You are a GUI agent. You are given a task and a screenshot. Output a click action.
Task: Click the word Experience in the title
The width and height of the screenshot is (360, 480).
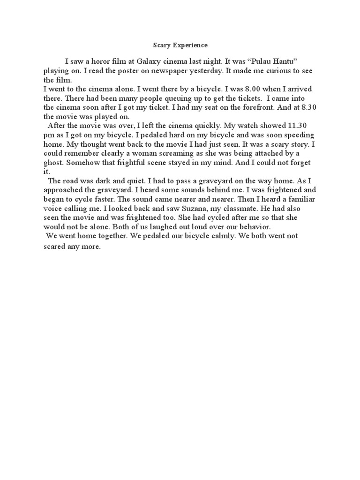point(191,45)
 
